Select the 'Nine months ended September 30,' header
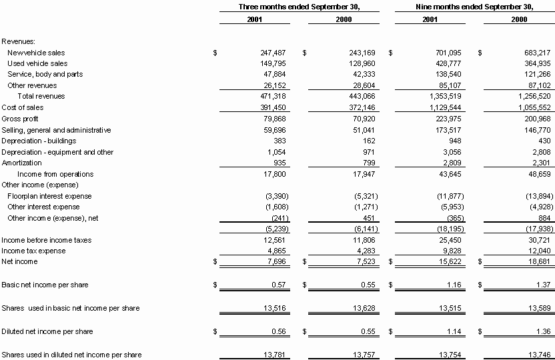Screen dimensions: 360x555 (474, 7)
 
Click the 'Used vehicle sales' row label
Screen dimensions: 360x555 (37, 63)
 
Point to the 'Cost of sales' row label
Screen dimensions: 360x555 (23, 107)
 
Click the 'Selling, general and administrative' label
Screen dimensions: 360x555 (56, 130)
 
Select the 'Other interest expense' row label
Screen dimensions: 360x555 (43, 207)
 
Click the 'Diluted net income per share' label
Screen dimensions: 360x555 (47, 331)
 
